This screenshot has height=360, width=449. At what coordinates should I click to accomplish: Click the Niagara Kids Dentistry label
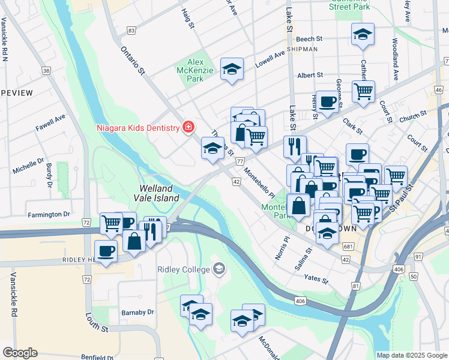[x=139, y=128]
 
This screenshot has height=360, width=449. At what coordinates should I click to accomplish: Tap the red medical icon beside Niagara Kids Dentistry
[x=188, y=127]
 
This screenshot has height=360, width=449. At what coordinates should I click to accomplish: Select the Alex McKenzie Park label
[x=196, y=70]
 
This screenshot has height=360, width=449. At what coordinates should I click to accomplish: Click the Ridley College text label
[x=184, y=268]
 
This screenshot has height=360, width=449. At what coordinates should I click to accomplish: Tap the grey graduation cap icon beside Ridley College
[x=219, y=268]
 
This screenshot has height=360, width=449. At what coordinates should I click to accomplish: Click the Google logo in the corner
[x=20, y=353]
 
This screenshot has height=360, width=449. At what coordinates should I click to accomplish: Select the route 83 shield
[x=131, y=30]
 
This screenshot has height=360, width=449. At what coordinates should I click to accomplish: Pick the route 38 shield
[x=46, y=71]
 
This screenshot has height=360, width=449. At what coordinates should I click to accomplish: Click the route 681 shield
[x=348, y=247]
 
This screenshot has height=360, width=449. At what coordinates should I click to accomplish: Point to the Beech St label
[x=310, y=38]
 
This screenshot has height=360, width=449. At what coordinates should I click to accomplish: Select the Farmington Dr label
[x=49, y=214]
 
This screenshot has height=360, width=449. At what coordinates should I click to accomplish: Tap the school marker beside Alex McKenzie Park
[x=232, y=70]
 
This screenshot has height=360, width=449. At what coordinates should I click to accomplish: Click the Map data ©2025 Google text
[x=411, y=355]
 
